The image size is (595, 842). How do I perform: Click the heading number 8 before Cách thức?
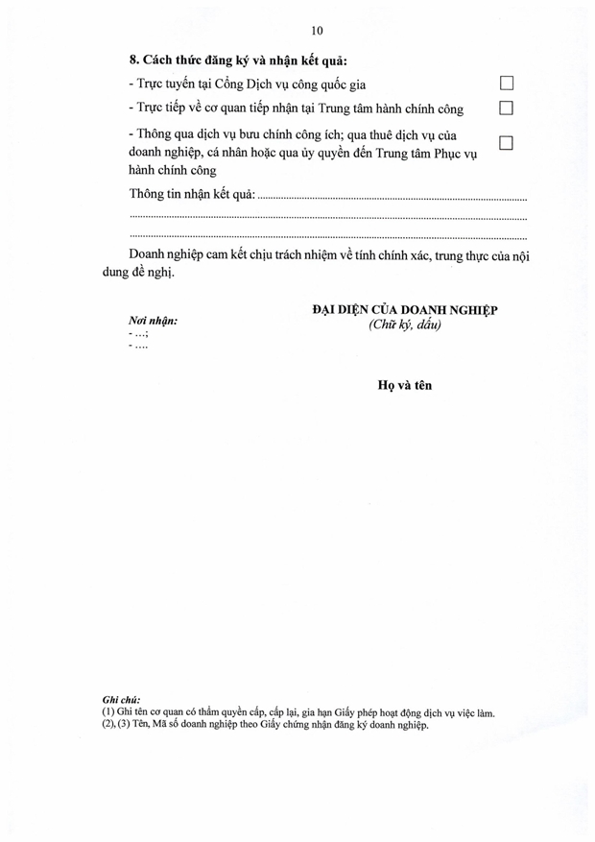point(133,63)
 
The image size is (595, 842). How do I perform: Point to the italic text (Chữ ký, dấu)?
point(403,325)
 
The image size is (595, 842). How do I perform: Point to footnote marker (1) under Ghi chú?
point(107,713)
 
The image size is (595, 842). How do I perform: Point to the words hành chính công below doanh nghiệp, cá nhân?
point(172,170)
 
